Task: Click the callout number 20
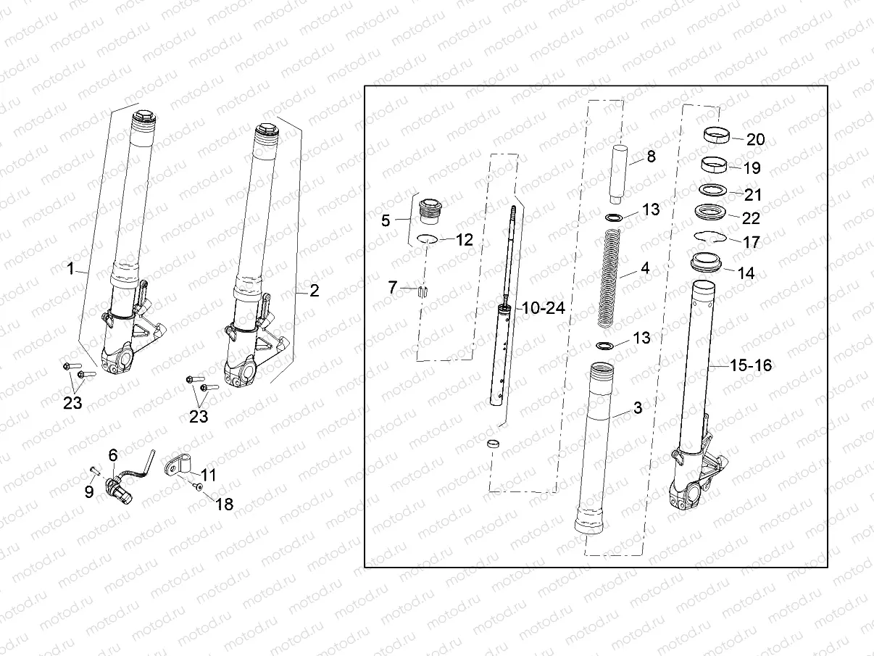pos(756,140)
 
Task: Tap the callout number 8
pos(651,156)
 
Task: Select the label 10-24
pos(543,308)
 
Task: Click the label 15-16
pos(751,366)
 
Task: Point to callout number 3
pos(637,408)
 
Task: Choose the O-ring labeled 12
pos(428,240)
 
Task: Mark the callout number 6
pos(112,454)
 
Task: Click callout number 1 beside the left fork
pos(71,269)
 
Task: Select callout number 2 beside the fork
pos(314,291)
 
